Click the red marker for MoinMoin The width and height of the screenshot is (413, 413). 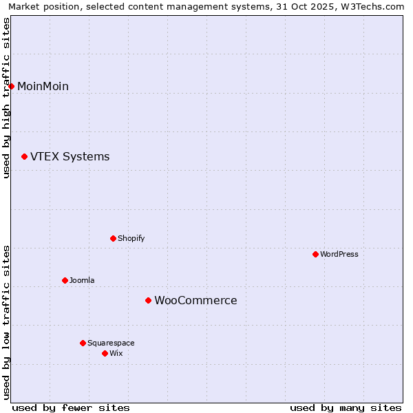(x=12, y=86)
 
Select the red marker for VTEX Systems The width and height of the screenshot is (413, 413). (x=25, y=157)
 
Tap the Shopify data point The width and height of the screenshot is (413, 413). (x=113, y=238)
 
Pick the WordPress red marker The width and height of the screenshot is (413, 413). (x=315, y=254)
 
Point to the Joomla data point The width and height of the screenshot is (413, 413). (x=65, y=280)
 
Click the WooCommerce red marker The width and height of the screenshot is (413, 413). (x=148, y=300)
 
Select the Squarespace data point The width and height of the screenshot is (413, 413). (x=83, y=343)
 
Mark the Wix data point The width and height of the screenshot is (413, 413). (x=105, y=353)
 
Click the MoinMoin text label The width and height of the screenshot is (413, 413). (x=43, y=86)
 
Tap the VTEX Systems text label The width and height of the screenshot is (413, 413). (x=70, y=157)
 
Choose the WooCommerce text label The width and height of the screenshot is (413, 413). (x=195, y=300)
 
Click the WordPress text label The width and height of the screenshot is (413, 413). (x=339, y=254)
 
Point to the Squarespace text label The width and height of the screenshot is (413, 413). (x=111, y=343)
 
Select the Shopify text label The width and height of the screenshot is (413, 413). (x=131, y=238)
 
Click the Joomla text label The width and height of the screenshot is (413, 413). (x=82, y=280)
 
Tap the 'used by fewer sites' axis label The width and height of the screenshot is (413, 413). (x=71, y=407)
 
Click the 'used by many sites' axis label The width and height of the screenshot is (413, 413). (x=346, y=407)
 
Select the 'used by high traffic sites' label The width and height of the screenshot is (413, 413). (x=6, y=98)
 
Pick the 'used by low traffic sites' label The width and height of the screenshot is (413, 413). (x=6, y=322)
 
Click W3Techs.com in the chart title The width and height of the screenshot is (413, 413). (x=376, y=6)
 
